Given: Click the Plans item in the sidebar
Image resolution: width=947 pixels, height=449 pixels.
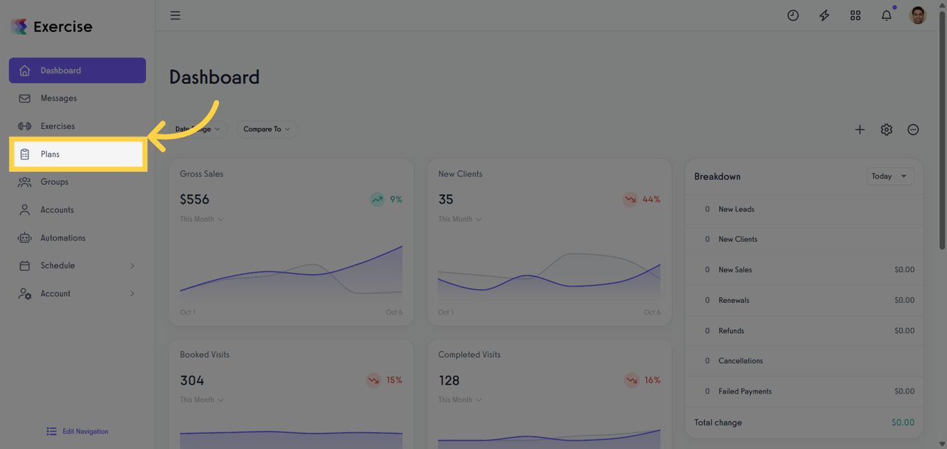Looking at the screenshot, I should [50, 155].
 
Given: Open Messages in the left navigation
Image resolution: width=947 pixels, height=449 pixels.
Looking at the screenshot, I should [58, 98].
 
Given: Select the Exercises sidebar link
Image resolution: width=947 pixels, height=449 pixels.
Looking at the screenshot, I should [58, 126].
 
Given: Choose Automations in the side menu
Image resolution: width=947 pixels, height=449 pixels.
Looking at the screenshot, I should [62, 238].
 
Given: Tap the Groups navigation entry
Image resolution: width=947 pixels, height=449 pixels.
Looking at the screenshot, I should [54, 182].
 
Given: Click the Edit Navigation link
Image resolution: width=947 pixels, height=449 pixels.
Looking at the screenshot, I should [85, 431].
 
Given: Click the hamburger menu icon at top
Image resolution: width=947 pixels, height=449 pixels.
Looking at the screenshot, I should [175, 15].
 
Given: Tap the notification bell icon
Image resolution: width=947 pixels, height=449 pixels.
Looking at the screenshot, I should [886, 15].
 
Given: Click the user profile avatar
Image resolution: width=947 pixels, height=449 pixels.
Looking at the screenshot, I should [917, 15].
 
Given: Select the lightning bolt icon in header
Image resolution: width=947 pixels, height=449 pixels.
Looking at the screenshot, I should [824, 15].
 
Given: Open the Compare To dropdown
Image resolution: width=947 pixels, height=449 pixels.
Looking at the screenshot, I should [267, 129].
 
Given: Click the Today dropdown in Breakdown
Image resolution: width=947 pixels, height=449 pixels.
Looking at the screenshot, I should [889, 177].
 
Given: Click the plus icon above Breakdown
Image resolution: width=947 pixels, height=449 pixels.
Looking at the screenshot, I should [860, 130].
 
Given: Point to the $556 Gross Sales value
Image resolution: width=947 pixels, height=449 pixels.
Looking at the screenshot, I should [195, 200].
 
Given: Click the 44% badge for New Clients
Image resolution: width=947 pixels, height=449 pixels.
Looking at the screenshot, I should [642, 200].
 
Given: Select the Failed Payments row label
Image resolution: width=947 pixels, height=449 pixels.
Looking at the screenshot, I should [745, 391].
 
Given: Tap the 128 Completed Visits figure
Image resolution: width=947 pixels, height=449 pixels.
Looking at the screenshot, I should [449, 380].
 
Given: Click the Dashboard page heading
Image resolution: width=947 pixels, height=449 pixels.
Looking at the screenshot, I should [214, 77].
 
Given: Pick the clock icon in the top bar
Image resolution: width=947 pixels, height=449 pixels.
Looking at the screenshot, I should [793, 15].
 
